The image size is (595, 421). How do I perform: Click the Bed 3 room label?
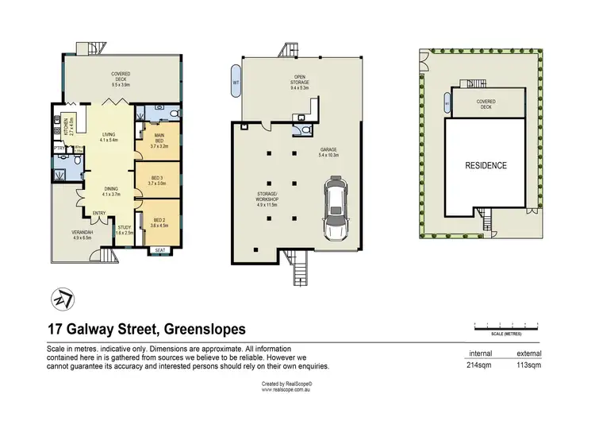click(x=155, y=181)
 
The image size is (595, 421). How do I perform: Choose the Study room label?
click(x=125, y=230)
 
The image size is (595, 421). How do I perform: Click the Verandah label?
click(x=83, y=234)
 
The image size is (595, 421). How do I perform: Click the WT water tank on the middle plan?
click(x=236, y=83)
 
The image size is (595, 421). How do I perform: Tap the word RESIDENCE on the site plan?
click(x=485, y=166)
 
